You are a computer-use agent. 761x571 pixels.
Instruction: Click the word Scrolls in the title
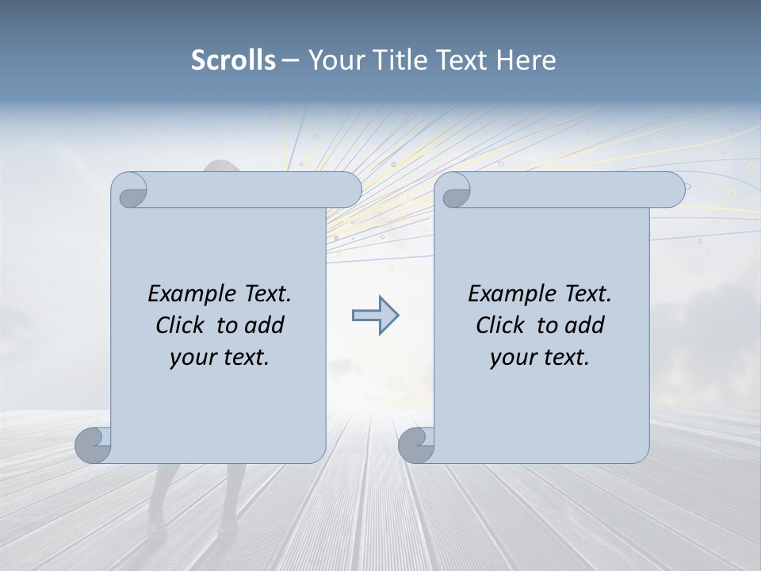pos(233,60)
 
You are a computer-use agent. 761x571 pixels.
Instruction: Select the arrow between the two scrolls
pos(375,316)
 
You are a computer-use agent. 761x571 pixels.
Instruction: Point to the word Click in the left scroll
pos(181,325)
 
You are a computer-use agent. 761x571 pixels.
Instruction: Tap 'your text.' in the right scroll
pos(540,358)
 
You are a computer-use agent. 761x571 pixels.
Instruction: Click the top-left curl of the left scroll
pos(132,191)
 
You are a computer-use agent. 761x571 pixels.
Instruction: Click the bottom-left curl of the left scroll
pos(93,445)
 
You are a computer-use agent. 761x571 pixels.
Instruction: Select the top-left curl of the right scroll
pos(455,191)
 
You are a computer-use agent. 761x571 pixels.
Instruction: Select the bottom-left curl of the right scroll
pos(416,445)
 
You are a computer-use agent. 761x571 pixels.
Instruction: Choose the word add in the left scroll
pos(265,325)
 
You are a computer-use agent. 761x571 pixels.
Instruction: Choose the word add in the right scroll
pos(585,325)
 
